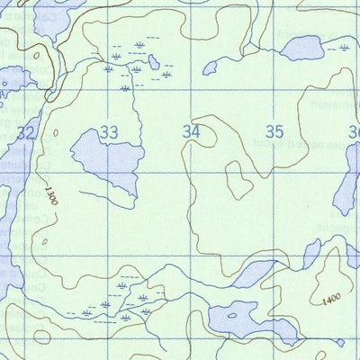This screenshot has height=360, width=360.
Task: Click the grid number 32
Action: pos(26,133)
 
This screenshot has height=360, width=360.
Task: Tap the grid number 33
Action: pos(109,133)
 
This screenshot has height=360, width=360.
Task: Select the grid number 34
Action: pos(191,132)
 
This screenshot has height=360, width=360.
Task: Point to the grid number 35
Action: pos(274,132)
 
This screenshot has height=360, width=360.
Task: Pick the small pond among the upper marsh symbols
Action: pos(155,62)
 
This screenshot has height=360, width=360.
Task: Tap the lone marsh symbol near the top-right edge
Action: pos(343,48)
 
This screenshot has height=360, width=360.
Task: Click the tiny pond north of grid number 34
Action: pos(211,67)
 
